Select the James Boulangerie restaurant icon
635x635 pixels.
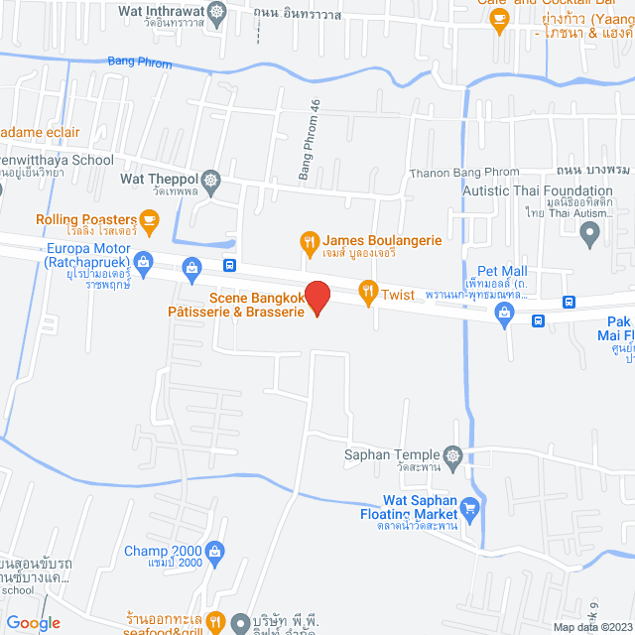(x=310, y=241)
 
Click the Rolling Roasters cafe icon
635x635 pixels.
(x=149, y=219)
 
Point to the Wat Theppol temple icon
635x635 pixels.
(x=210, y=180)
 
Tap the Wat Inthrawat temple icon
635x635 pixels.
(x=219, y=13)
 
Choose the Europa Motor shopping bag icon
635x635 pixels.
(x=144, y=262)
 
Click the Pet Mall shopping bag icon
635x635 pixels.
(x=504, y=315)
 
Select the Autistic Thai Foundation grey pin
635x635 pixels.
(x=590, y=236)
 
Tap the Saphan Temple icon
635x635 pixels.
(x=453, y=456)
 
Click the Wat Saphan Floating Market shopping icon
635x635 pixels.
(x=470, y=509)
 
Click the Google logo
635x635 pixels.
(x=33, y=622)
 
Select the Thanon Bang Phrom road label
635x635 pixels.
(x=463, y=173)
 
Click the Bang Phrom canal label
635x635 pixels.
(x=139, y=64)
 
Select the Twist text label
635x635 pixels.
(x=398, y=294)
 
